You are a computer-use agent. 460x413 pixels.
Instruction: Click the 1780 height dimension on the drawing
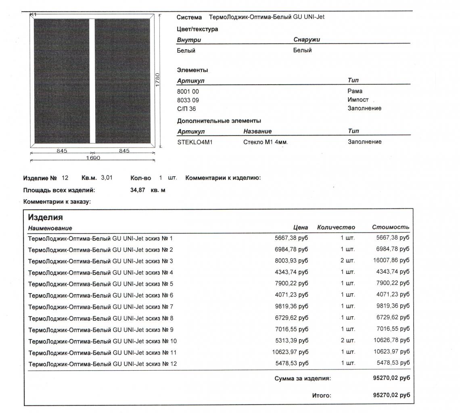(158, 79)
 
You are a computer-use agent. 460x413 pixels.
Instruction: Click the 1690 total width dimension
(93, 158)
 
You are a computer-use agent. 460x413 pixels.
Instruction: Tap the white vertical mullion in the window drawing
(92, 81)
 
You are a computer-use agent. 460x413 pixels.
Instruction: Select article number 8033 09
(188, 100)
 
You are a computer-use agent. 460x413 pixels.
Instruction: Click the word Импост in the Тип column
(358, 100)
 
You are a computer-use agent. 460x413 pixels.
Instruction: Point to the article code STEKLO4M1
(194, 142)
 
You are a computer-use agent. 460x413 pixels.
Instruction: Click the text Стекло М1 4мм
(266, 142)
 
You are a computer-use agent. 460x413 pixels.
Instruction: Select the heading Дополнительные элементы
(219, 121)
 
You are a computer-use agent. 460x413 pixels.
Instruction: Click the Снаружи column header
(307, 40)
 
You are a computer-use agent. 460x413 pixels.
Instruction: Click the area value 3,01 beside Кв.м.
(107, 177)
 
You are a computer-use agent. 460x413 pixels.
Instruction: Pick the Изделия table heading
(45, 217)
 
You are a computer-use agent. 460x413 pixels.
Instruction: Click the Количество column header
(336, 227)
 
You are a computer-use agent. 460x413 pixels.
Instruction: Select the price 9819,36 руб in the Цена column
(291, 307)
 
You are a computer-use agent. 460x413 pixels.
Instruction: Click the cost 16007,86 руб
(391, 261)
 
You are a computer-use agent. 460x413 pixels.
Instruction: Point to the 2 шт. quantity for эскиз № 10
(347, 340)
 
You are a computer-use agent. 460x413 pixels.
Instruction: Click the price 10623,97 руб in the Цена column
(290, 352)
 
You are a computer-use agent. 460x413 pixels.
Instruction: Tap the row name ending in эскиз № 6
(100, 295)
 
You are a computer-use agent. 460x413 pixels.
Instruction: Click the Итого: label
(322, 396)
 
